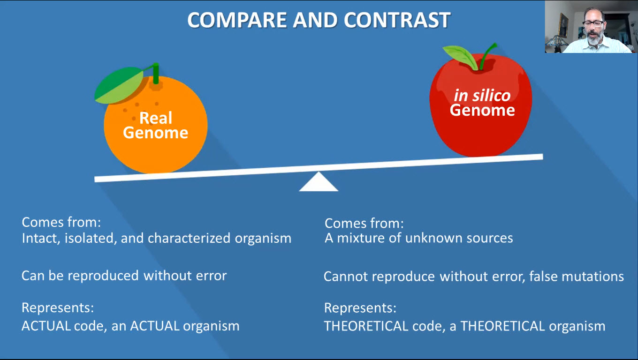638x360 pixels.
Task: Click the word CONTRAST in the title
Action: click(397, 20)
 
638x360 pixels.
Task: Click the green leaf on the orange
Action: click(119, 85)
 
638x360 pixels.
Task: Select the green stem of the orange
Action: click(156, 73)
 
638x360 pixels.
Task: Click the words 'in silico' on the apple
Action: click(482, 95)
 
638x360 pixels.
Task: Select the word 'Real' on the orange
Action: click(156, 118)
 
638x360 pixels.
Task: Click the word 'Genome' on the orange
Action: click(156, 133)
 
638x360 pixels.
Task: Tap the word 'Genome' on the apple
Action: click(482, 110)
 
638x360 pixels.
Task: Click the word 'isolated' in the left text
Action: click(89, 238)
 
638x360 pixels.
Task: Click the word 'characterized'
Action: click(189, 238)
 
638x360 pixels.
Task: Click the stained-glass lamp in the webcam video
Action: click(556, 43)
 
